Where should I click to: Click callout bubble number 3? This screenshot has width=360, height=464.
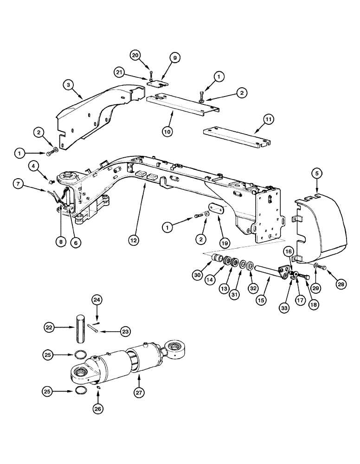(x=68, y=85)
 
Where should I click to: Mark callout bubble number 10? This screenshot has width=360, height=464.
(x=168, y=131)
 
